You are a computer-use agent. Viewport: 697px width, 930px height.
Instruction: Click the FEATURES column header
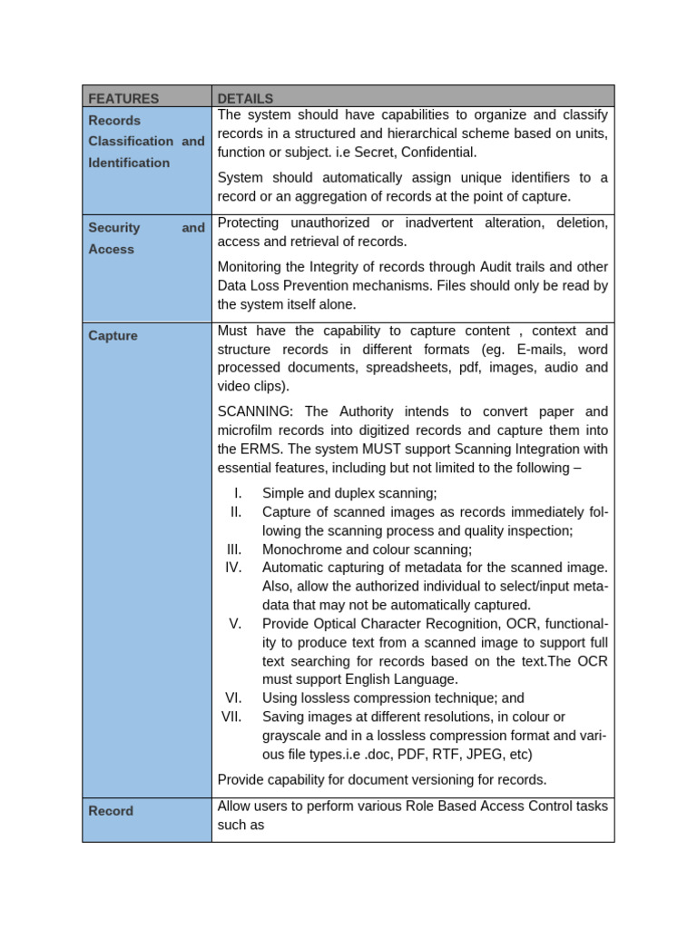pyautogui.click(x=123, y=98)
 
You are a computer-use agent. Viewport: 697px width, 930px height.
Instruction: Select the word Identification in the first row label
pyautogui.click(x=129, y=163)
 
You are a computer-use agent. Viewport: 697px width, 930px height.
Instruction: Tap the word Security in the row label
pyautogui.click(x=114, y=228)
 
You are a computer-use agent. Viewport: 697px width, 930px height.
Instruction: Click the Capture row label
pyautogui.click(x=113, y=336)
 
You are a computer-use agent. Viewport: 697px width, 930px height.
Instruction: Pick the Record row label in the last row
pyautogui.click(x=111, y=811)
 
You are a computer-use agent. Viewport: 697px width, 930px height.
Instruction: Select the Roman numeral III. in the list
pyautogui.click(x=234, y=549)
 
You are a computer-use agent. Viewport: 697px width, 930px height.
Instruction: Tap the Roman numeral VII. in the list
pyautogui.click(x=232, y=717)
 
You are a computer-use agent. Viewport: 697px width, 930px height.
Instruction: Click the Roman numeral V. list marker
pyautogui.click(x=235, y=623)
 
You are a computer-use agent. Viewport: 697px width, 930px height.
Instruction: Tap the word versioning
pyautogui.click(x=436, y=779)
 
